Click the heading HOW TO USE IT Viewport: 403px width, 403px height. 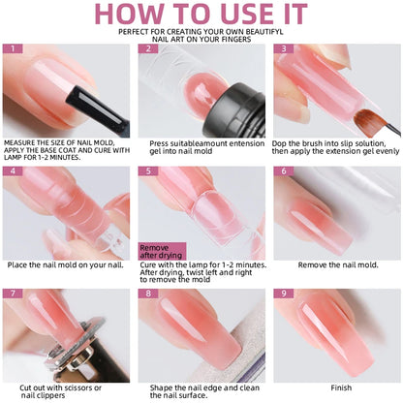point(201,15)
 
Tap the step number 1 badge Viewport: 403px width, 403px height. point(12,48)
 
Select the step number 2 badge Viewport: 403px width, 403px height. point(147,48)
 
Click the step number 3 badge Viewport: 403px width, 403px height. point(282,48)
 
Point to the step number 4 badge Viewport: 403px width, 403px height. point(12,170)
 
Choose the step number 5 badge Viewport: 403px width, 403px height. point(147,170)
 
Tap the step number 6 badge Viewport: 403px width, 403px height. point(282,170)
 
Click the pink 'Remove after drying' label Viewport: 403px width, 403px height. point(160,250)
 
